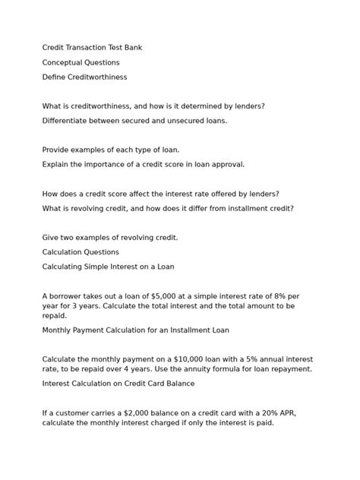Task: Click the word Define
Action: pyautogui.click(x=55, y=77)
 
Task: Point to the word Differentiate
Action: pyautogui.click(x=70, y=121)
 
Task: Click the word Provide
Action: pyautogui.click(x=57, y=150)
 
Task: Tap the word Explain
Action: pyautogui.click(x=56, y=164)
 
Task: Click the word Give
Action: pyautogui.click(x=51, y=237)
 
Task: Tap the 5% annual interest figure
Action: pyautogui.click(x=229, y=359)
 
